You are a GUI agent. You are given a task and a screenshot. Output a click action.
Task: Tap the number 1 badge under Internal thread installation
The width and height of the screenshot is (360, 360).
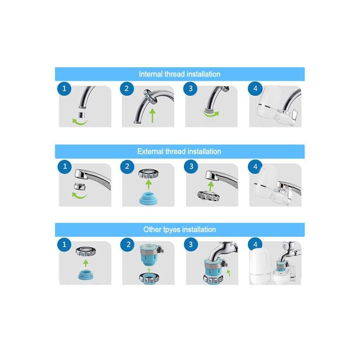64,88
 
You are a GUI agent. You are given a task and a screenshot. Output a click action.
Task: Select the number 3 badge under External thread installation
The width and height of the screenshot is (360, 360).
191,166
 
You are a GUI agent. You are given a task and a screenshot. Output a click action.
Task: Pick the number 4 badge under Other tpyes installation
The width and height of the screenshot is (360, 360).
255,244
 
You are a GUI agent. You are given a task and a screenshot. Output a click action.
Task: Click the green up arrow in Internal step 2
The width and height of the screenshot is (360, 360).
152,116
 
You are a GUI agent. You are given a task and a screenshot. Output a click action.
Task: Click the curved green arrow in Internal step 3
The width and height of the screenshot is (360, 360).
211,114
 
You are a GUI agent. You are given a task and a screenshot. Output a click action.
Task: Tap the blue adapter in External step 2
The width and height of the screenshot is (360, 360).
148,199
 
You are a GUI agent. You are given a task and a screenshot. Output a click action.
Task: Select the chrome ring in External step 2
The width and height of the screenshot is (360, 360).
149,173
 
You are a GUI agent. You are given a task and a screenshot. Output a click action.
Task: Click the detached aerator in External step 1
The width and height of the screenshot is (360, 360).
80,187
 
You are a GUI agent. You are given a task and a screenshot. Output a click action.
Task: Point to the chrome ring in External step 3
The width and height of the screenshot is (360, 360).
208,195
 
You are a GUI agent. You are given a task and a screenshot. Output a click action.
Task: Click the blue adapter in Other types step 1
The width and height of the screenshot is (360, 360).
86,275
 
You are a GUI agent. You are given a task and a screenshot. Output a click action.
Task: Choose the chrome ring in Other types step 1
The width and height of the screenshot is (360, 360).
86,251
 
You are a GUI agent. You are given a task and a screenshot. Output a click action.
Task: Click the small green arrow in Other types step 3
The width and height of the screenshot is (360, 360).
228,273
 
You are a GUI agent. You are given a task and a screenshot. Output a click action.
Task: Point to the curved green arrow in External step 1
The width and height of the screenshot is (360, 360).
80,196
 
